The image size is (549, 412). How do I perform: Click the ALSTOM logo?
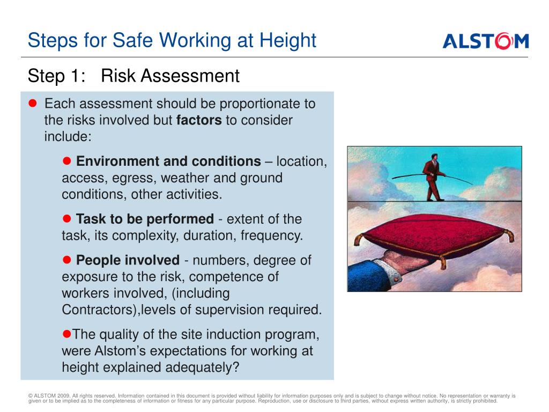pos(486,41)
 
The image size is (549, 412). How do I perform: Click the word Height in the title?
pos(288,40)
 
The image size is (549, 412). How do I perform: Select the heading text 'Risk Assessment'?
pos(170,76)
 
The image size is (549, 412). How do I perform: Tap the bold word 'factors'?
pos(199,120)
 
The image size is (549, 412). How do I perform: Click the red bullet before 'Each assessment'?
pos(33,103)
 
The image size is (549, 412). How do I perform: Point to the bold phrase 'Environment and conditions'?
pos(168,161)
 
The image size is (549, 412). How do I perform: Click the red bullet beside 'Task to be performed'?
pos(66,219)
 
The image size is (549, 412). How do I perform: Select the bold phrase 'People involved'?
pos(128,260)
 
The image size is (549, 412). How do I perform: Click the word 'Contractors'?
pos(99,310)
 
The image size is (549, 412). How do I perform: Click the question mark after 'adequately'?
pos(236,367)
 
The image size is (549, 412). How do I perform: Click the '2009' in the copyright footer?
pos(64,396)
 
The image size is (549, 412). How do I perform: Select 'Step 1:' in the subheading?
pos(57,76)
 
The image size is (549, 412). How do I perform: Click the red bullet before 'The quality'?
pos(66,334)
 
